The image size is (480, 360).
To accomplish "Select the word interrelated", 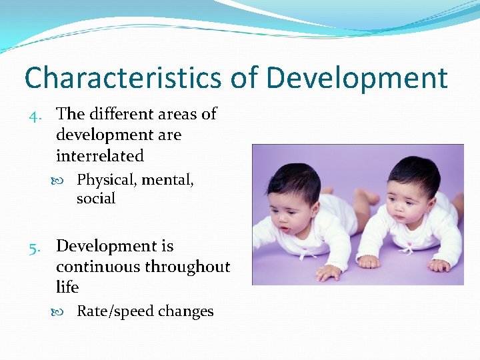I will [x=100, y=156].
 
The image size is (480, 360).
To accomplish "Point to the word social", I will [x=96, y=199].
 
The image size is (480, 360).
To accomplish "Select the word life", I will [x=67, y=287].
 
